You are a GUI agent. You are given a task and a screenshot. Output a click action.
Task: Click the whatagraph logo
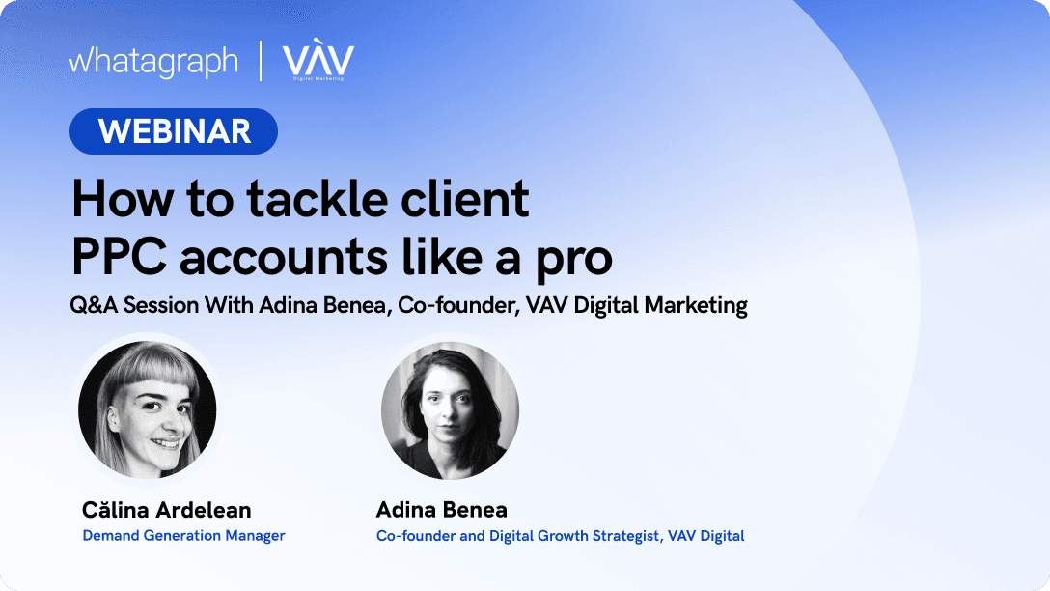153,62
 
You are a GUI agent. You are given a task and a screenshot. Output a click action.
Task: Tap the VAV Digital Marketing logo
318,60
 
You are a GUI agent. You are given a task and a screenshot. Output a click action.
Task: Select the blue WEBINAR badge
174,131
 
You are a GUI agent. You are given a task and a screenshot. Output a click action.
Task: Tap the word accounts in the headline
284,259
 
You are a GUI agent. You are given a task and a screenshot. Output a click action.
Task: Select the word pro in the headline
574,262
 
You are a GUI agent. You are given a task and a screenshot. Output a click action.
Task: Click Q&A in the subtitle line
94,305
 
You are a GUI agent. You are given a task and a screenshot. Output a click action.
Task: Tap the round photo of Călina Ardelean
148,409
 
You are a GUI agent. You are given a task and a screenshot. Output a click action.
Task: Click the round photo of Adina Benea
450,410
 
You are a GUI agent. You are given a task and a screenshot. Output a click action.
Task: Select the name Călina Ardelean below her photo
167,510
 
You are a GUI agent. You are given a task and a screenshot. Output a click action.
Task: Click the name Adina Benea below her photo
441,510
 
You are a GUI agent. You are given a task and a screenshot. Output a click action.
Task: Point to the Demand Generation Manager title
183,535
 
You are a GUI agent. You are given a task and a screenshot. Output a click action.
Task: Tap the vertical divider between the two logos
261,61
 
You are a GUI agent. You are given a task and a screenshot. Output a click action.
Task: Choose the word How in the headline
122,199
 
